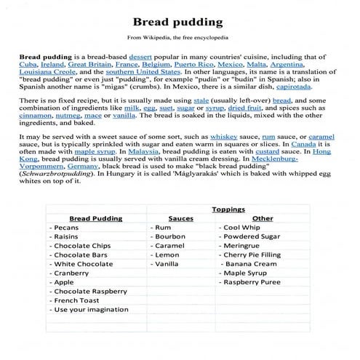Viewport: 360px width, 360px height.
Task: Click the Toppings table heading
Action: tap(228, 209)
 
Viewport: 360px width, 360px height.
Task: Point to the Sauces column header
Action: tap(180, 217)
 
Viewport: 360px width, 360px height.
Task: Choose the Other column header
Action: tap(263, 217)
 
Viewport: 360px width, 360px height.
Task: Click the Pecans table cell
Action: tap(69, 227)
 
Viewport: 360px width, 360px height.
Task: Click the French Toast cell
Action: tap(76, 299)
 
